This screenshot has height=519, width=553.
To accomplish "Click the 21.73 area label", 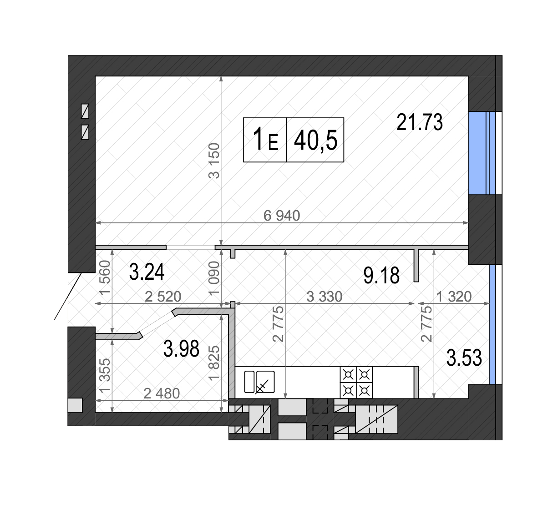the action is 419,122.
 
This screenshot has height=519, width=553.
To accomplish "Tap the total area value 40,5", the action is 315,141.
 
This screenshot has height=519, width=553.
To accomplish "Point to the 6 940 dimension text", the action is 282,216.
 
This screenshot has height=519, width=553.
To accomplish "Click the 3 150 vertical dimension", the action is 214,161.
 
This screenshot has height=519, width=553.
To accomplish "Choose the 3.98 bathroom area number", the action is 181,348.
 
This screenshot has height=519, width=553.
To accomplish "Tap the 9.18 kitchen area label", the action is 381,275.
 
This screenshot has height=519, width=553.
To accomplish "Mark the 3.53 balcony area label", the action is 464,358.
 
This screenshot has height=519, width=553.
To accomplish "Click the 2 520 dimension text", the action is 163,297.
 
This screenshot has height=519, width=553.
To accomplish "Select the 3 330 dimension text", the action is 325,297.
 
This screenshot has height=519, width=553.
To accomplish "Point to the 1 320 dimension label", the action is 454,297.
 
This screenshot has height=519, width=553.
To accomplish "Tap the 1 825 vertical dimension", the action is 214,363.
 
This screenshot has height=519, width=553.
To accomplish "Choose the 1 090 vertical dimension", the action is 214,278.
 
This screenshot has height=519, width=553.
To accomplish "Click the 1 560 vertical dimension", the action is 105,278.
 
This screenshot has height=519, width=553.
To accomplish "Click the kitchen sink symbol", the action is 259,382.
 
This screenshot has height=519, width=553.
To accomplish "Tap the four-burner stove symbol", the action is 356,382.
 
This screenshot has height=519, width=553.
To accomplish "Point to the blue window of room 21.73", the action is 482,153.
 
